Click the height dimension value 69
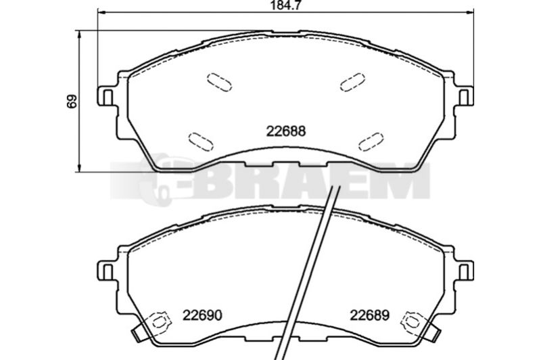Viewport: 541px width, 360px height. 72,102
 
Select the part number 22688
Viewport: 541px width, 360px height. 286,131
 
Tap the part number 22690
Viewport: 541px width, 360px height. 202,315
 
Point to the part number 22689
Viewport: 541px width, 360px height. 369,315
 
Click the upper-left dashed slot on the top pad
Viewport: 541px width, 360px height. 219,82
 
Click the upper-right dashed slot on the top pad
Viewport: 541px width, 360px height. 352,82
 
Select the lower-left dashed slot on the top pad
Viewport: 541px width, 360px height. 201,141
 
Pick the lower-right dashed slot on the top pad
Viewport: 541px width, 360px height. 371,141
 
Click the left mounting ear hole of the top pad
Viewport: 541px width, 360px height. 108,97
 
